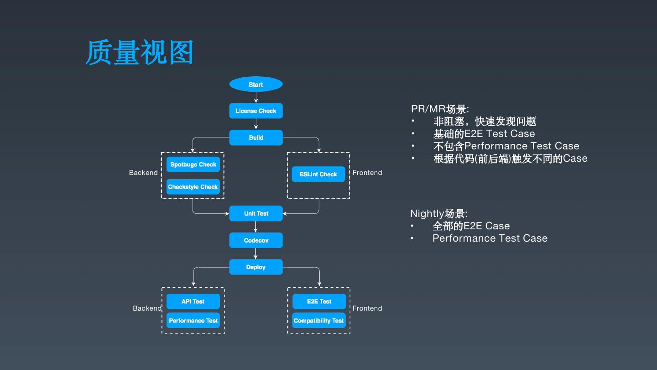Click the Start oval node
[x=256, y=84]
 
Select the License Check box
[x=256, y=111]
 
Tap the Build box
[x=256, y=137]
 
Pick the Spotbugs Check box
[x=193, y=164]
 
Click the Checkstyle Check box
[x=193, y=187]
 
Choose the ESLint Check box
[x=318, y=174]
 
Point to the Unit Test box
[x=256, y=213]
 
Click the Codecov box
[x=256, y=240]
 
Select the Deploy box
[x=256, y=267]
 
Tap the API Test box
[x=193, y=301]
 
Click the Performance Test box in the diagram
[x=193, y=320]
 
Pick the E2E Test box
[x=319, y=301]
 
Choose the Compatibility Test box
[x=319, y=320]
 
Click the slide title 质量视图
[x=139, y=52]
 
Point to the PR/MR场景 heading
[x=440, y=109]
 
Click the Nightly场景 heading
[x=439, y=213]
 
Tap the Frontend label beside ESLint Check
[x=367, y=173]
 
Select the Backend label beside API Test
[x=147, y=308]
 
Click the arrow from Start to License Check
[x=256, y=97]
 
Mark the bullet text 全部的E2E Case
[x=471, y=226]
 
